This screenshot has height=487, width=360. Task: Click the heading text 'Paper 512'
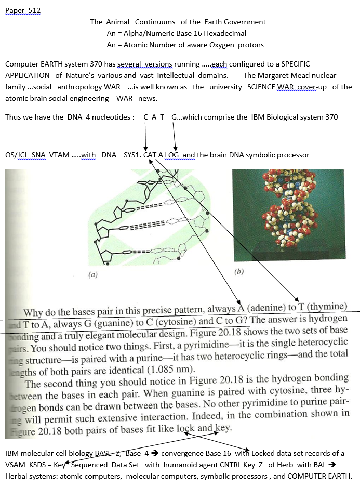click(23, 11)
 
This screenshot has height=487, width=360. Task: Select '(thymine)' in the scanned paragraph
click(328, 305)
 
